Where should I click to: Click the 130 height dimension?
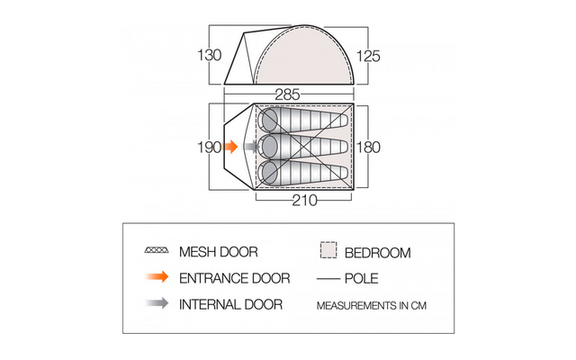coord(210,56)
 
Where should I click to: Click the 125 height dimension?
coord(368,56)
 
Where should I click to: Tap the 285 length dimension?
coord(287,94)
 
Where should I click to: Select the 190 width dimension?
coord(210,148)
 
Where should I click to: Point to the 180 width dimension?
coord(368,148)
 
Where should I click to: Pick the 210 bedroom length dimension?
coord(304,201)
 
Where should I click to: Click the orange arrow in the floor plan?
coord(230,147)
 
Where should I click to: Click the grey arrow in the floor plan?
coord(251,147)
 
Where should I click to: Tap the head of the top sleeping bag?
coord(269,121)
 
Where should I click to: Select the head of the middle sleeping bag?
coord(269,147)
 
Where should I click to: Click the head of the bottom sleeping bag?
coord(269,173)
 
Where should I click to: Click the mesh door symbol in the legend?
coord(157,250)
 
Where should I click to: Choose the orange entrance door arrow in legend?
coord(157,276)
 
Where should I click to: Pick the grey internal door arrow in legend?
coord(157,303)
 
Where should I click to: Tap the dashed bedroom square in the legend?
coord(328,250)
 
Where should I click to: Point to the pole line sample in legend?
coord(328,279)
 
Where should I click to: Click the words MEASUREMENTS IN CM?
coord(372,306)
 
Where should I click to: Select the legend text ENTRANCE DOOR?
coord(234,278)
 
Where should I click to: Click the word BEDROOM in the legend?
coord(378,253)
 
